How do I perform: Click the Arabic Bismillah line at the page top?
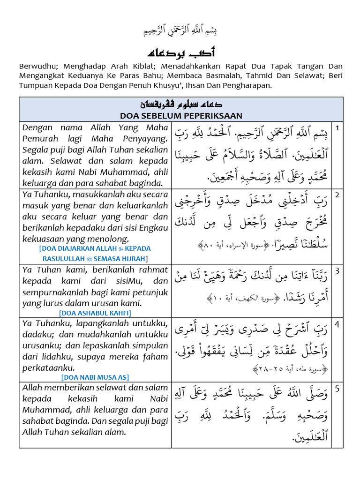click(180, 31)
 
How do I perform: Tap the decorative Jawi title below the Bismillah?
click(180, 52)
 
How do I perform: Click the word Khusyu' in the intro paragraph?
click(172, 85)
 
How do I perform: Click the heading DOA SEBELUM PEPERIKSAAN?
click(180, 115)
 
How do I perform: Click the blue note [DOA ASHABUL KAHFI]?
click(95, 313)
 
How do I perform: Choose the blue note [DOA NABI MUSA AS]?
click(95, 377)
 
